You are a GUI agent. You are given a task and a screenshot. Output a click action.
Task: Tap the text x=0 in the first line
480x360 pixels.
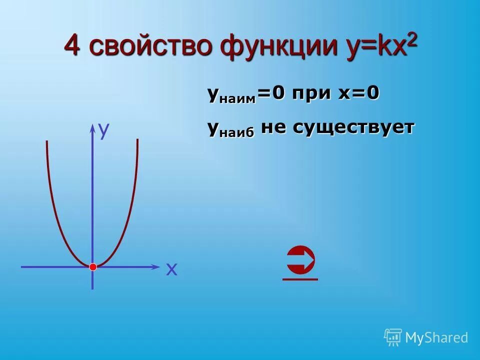tap(359, 94)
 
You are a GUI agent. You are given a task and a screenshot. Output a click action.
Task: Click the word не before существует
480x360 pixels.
tap(273, 128)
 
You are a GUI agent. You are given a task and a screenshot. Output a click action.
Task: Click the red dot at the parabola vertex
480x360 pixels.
tap(92, 267)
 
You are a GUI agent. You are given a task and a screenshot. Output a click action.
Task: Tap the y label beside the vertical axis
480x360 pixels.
tap(104, 130)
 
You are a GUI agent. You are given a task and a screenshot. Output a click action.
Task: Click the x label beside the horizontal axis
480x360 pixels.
tap(171, 270)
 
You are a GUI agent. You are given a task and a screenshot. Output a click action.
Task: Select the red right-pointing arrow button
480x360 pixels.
tap(301, 260)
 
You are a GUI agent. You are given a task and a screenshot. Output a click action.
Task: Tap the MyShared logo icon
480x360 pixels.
tap(392, 337)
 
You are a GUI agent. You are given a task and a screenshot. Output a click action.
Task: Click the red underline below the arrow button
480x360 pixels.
tap(300, 279)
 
